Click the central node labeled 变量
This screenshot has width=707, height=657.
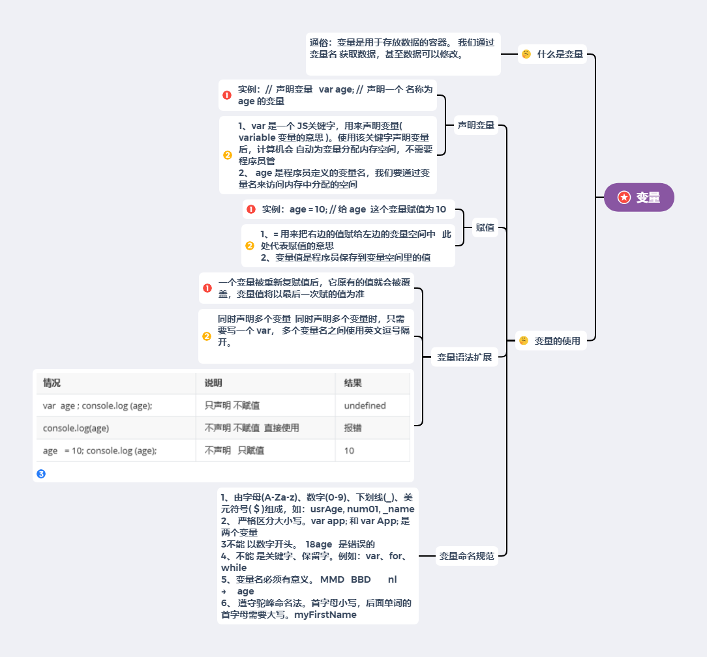639,197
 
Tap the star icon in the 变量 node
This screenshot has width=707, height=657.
624,197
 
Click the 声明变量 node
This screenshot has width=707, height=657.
476,125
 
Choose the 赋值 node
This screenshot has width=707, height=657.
485,227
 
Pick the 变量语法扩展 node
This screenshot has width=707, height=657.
464,357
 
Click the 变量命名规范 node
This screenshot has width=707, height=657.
467,556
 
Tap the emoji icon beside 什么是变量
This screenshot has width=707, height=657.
526,55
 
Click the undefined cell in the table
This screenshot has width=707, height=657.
365,405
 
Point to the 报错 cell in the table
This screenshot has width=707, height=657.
353,428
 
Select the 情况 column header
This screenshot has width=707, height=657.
52,383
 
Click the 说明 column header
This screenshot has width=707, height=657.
213,383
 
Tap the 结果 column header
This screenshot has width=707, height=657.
353,383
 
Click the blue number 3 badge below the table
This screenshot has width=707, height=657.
41,474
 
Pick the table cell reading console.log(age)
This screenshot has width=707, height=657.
76,428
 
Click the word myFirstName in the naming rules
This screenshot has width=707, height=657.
325,614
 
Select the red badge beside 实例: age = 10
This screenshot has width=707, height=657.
251,209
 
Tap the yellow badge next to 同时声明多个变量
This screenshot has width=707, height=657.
207,336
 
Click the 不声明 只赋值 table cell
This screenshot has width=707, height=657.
234,450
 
